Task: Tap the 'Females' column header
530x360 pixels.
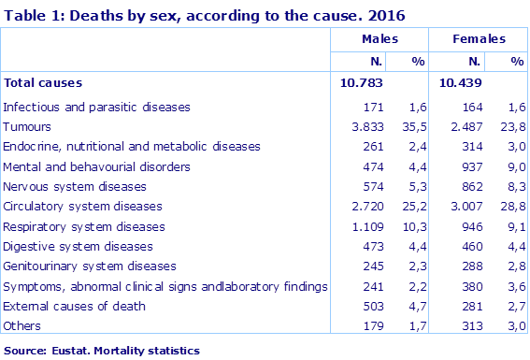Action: [479, 39]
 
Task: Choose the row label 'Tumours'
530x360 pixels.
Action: [27, 126]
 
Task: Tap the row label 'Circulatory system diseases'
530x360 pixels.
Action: [82, 206]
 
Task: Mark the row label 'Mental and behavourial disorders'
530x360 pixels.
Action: [96, 166]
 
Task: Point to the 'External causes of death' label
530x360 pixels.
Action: [73, 306]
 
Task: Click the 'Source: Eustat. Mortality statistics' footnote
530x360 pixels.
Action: [101, 351]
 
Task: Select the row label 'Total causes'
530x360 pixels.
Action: [43, 83]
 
